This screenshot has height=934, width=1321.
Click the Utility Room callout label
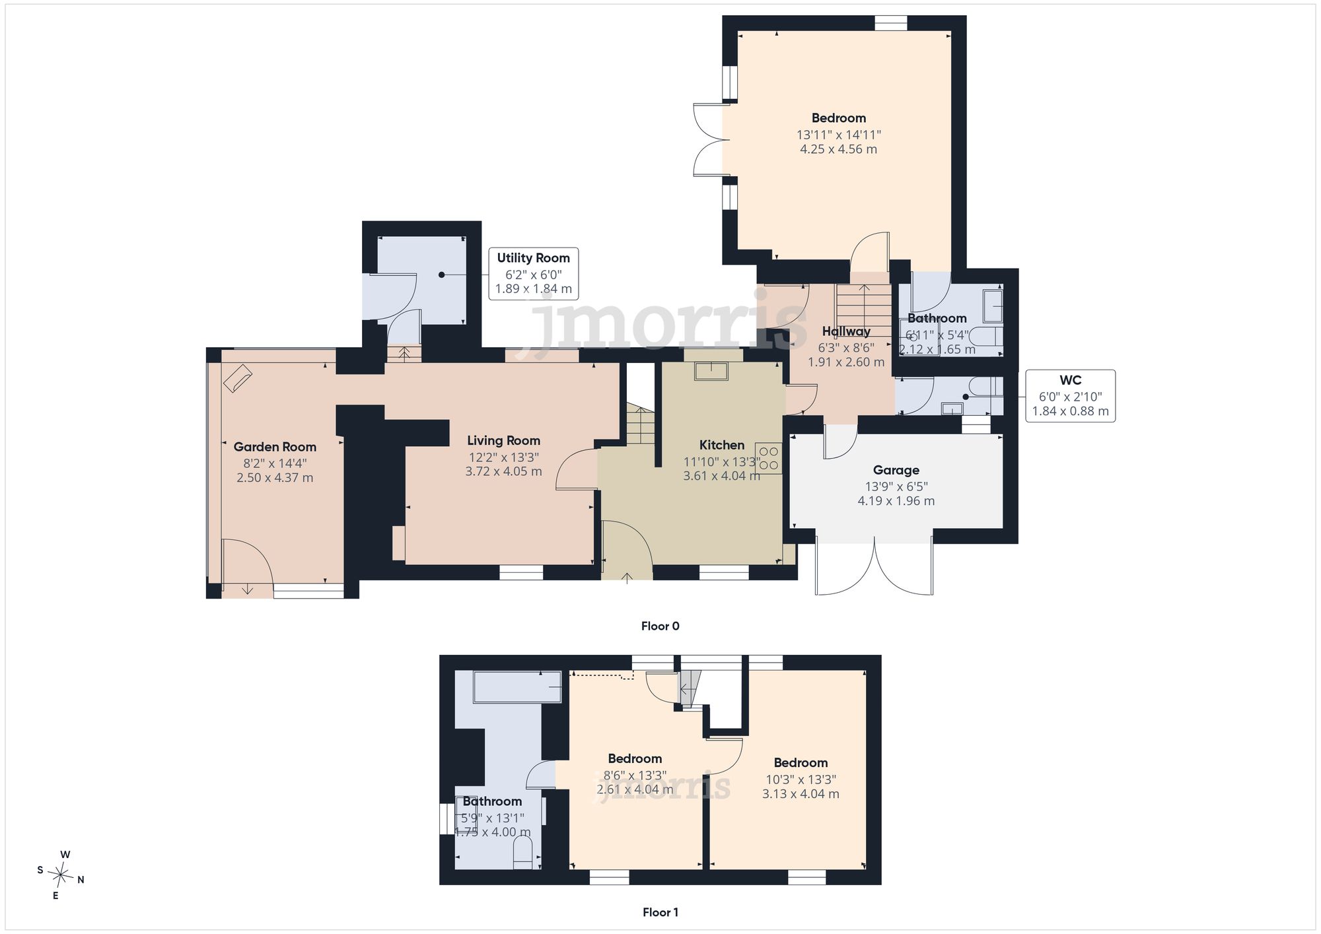[x=533, y=258]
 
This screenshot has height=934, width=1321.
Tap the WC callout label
[x=1070, y=380]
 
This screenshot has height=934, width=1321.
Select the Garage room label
[x=896, y=470]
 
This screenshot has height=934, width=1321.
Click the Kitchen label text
[x=722, y=445]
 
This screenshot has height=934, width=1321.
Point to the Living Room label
[x=503, y=440]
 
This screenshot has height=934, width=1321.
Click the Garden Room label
[x=275, y=447]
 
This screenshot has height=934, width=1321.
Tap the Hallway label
[x=846, y=331]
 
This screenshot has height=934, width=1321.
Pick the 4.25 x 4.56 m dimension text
[x=838, y=149]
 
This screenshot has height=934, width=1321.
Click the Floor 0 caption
[x=660, y=626]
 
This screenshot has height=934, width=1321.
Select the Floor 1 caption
[x=660, y=912]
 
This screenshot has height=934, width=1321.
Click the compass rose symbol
[x=61, y=875]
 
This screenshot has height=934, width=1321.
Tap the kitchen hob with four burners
[x=768, y=458]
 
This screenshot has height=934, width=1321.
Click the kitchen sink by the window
[x=711, y=371]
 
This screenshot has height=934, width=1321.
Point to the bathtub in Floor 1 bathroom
[x=517, y=687]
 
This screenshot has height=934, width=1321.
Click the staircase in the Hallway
[x=863, y=310]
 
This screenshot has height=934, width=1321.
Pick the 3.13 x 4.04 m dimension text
[x=801, y=794]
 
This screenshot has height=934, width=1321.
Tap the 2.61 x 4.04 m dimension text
[x=635, y=789]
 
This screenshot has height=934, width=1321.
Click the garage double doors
[x=875, y=566]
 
